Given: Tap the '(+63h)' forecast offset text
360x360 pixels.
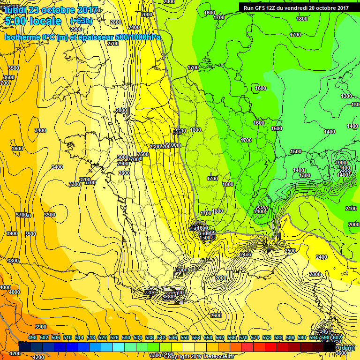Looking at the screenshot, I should point(82,21).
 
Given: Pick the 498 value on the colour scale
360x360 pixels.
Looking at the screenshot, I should point(32,337).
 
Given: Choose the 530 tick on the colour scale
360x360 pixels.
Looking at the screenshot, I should point(126,337).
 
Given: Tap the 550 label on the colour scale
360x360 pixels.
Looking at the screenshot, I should point(184,337).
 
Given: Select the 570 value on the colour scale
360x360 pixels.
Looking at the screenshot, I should point(243,337).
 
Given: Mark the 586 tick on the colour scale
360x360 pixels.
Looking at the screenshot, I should point(290,337).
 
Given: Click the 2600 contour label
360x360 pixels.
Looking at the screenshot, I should point(216,315).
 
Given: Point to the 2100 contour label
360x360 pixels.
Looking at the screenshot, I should point(351,209).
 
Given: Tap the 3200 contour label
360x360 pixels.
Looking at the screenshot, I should point(84,180).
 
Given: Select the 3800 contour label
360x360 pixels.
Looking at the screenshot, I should point(13,261).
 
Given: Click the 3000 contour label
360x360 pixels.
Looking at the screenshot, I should point(122,157).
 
